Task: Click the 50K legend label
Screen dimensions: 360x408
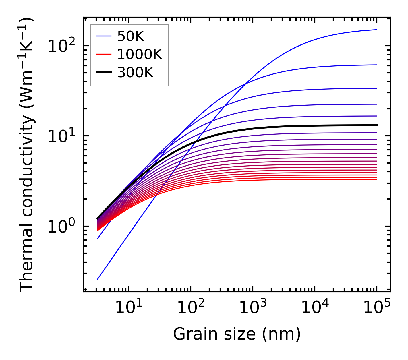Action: (x=131, y=36)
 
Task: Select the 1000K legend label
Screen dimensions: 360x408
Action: (x=140, y=55)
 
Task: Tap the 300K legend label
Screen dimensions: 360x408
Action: (x=135, y=73)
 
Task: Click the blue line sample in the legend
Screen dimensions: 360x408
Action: (x=103, y=36)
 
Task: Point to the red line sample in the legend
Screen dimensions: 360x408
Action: (x=103, y=55)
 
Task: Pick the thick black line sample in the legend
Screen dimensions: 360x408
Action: (x=103, y=73)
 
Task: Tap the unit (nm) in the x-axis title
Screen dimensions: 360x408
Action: (x=281, y=334)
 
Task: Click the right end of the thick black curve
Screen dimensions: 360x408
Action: (x=376, y=125)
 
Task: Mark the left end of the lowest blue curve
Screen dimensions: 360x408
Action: (x=98, y=279)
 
